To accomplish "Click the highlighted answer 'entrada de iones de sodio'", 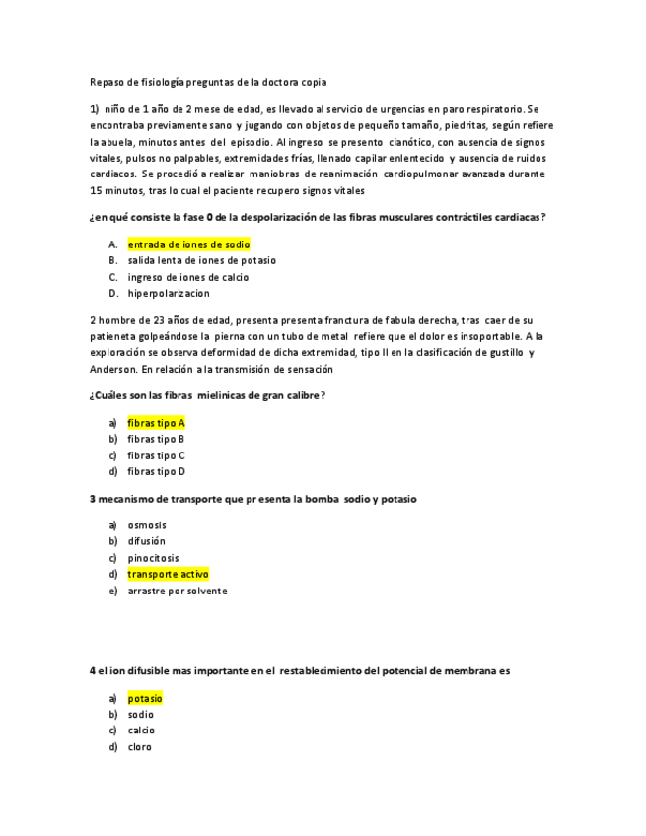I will [188, 244].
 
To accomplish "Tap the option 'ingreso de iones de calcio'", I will [187, 277].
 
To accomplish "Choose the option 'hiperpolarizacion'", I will [168, 293].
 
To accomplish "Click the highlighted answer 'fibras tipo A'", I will [156, 423].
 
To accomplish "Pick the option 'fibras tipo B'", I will [156, 439].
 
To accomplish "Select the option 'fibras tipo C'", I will [156, 455].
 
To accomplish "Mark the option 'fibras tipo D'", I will [156, 471].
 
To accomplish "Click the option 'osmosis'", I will [147, 525].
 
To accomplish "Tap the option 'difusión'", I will [147, 541].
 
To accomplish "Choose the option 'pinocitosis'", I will [153, 558].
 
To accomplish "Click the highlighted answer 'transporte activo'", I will [168, 574].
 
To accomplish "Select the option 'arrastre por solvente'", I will [178, 591].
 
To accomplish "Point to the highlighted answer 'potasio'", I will [145, 698].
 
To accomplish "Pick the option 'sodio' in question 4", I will [141, 714].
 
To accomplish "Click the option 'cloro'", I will [140, 747].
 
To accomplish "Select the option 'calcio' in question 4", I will [141, 731].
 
